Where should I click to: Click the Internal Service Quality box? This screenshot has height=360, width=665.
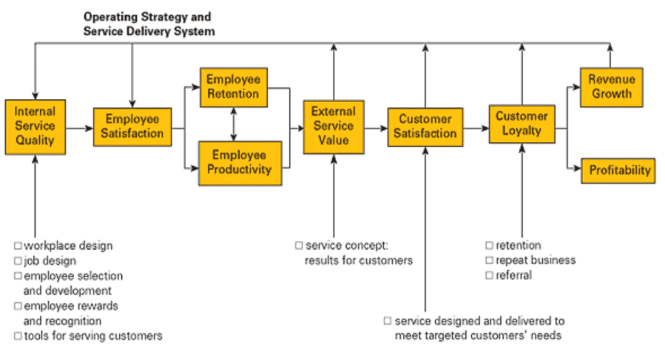tap(35, 127)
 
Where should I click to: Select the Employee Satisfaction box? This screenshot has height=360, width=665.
tap(132, 127)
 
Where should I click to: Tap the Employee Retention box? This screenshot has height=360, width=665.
tap(233, 87)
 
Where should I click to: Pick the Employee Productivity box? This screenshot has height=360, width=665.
tap(241, 163)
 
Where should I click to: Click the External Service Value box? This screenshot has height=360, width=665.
tap(334, 127)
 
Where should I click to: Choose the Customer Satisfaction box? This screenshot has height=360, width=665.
tap(425, 127)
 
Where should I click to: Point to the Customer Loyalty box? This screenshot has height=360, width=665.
tap(521, 124)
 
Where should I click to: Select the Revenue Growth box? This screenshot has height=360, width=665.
tap(611, 87)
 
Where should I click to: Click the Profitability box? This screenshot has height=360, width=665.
tap(619, 170)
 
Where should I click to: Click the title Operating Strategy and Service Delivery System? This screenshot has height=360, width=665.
tap(148, 24)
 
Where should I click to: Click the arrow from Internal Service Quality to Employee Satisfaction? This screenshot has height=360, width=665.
tap(78, 128)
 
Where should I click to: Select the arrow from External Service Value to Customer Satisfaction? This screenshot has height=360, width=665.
tap(376, 128)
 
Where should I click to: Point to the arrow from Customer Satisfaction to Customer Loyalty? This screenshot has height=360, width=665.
tap(476, 128)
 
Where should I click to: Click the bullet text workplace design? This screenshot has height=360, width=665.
tap(68, 245)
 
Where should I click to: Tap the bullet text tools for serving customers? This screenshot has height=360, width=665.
tap(92, 336)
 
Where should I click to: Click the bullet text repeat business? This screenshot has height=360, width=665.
tap(535, 260)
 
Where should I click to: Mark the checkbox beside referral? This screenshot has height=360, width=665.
tap(489, 275)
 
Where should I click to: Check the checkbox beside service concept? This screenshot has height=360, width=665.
tap(299, 245)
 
